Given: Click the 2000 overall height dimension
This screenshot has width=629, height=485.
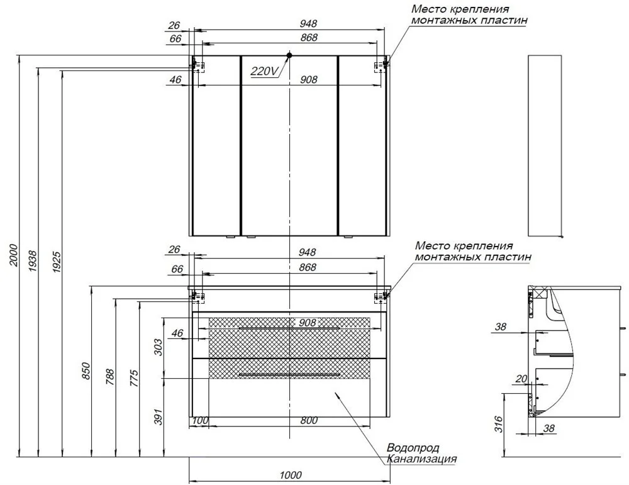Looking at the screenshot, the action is [x=14, y=255].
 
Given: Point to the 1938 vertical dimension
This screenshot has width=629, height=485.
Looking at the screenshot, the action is [x=33, y=261].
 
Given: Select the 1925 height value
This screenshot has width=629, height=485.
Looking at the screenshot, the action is [x=57, y=262].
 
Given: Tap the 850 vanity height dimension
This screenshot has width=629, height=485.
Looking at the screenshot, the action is [x=86, y=371].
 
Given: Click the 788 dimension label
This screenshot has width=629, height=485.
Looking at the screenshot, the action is [x=110, y=377].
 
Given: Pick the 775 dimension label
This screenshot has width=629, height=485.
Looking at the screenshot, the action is [x=134, y=378].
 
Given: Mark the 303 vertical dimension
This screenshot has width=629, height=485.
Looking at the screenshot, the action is [x=159, y=347].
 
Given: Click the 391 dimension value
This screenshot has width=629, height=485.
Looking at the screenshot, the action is [x=159, y=417].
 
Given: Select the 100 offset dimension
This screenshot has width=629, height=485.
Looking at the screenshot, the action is [x=200, y=420].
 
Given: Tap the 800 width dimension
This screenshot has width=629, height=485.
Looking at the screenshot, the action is [x=309, y=420].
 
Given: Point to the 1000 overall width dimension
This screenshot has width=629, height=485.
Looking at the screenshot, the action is [x=291, y=476].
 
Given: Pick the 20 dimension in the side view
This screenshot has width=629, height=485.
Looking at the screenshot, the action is [x=521, y=379].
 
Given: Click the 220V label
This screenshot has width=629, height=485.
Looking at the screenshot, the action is [x=264, y=71].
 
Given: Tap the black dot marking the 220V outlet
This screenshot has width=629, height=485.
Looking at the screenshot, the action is [x=289, y=55].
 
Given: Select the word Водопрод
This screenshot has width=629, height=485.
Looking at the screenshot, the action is [x=413, y=448].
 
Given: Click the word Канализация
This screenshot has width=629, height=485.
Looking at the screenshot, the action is [x=422, y=459].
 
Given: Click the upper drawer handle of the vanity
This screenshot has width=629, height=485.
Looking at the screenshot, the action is [x=289, y=328].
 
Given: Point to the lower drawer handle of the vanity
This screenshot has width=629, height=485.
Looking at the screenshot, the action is [x=289, y=375].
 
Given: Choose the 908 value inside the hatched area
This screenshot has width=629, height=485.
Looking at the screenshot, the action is [x=308, y=323].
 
